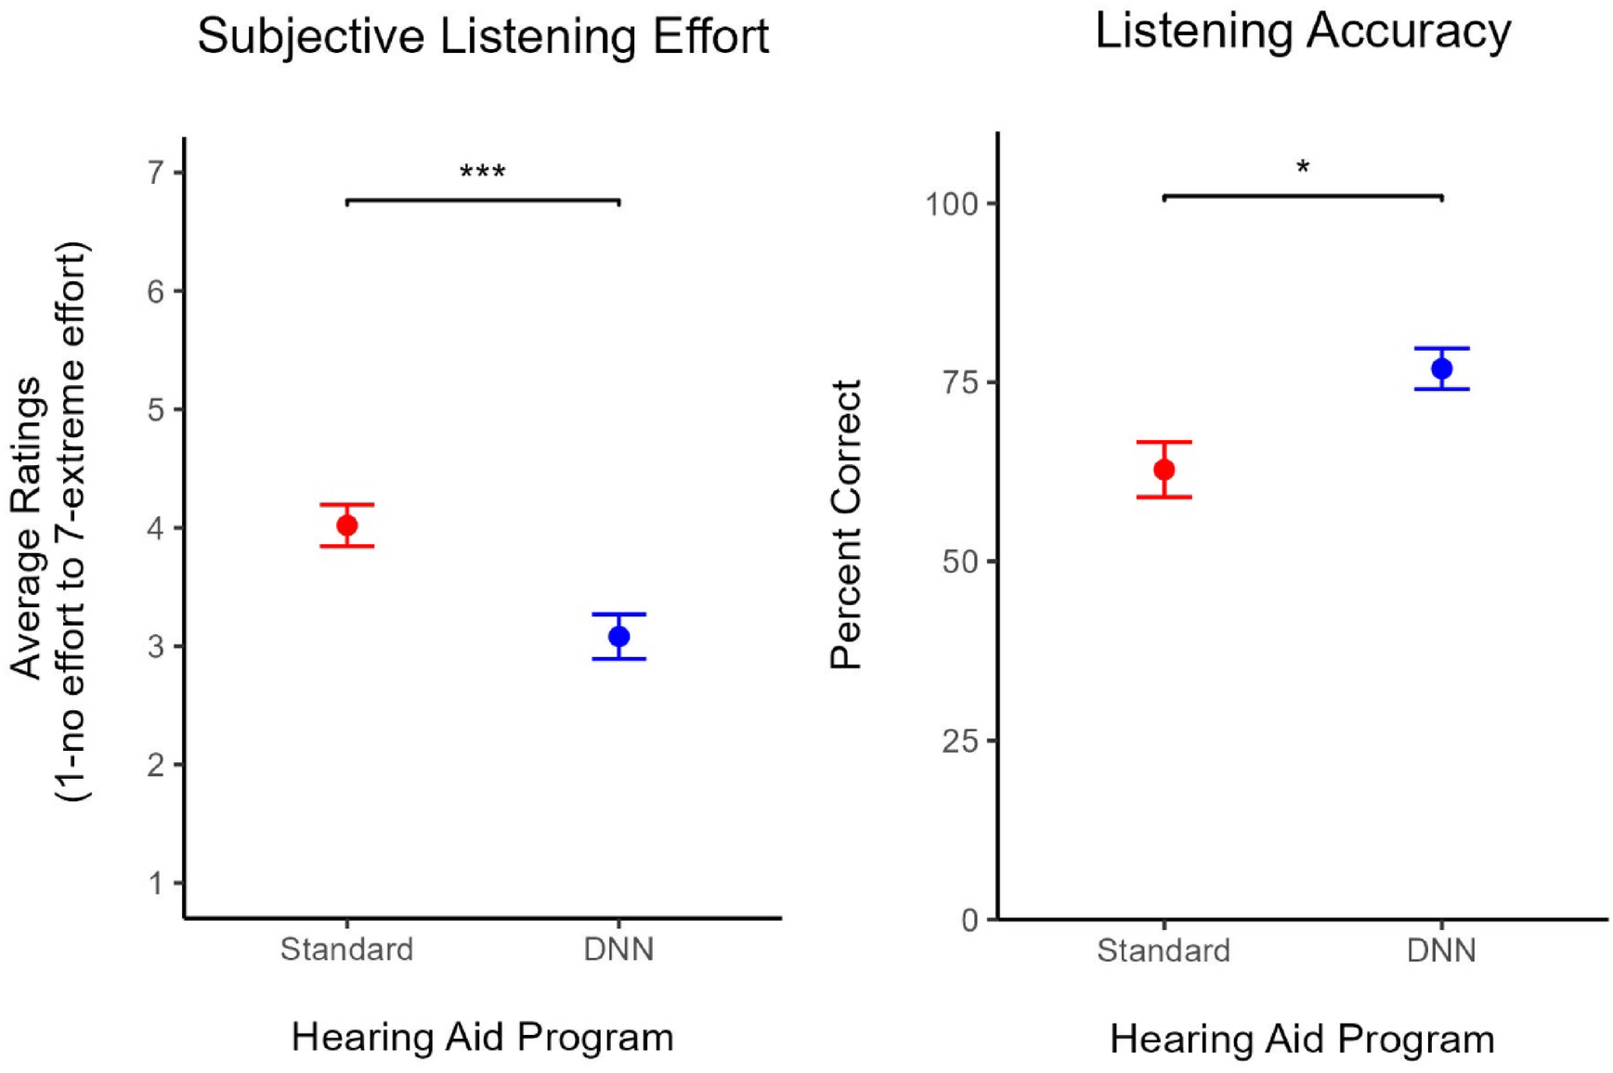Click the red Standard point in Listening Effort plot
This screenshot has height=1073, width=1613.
(x=346, y=525)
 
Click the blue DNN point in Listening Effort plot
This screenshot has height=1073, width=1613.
(x=618, y=636)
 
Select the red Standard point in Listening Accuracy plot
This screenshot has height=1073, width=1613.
(x=1164, y=470)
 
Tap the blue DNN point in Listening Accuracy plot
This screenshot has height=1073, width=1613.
(x=1441, y=368)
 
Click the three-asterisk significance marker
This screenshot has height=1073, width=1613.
(x=482, y=172)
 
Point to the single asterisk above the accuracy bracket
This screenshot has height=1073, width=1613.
(x=1303, y=168)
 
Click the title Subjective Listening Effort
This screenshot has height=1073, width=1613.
(x=483, y=37)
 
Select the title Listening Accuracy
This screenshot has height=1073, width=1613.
(x=1302, y=31)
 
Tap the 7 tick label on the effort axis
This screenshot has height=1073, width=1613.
(x=155, y=173)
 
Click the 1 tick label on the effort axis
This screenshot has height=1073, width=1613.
(x=155, y=883)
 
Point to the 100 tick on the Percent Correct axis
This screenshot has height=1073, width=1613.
(x=952, y=203)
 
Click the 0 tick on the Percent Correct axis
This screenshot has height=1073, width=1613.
(x=969, y=920)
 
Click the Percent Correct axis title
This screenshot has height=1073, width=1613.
(x=846, y=524)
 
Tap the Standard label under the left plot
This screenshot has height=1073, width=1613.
(x=346, y=950)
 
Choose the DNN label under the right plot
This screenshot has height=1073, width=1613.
(x=1441, y=950)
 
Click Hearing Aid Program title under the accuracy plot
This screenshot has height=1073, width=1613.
(x=1302, y=1039)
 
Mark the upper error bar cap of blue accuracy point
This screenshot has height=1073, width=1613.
(x=1441, y=348)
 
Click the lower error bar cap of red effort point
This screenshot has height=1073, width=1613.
(x=346, y=546)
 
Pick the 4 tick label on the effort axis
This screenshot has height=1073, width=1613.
(x=155, y=528)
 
